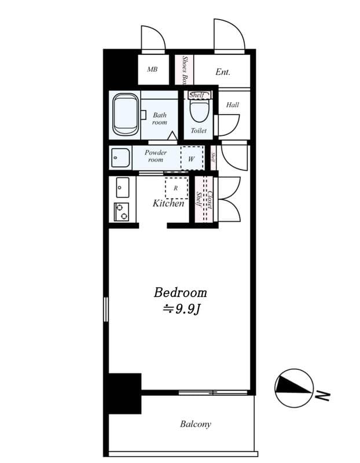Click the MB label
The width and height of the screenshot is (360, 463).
click(152, 69)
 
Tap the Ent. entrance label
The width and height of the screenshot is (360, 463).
click(223, 72)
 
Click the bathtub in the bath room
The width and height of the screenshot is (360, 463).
click(125, 114)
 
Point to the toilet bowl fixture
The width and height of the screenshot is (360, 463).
click(199, 109)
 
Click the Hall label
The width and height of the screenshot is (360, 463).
click(233, 105)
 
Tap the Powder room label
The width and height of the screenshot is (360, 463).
click(156, 156)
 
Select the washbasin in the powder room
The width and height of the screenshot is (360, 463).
click(120, 157)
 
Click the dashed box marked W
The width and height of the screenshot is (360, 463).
click(192, 157)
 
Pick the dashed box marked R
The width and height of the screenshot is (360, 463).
click(176, 188)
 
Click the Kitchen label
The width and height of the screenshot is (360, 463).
click(168, 203)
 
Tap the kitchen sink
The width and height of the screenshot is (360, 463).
click(122, 187)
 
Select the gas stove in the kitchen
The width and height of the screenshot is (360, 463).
click(122, 212)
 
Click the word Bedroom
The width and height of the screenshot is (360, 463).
click(180, 292)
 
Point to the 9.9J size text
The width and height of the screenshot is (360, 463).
click(181, 309)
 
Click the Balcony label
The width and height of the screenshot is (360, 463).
click(195, 424)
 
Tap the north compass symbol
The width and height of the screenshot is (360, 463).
click(294, 388)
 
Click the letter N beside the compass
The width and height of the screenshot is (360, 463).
click(324, 396)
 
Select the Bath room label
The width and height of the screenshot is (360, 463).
click(160, 119)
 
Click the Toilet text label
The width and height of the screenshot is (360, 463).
click(199, 131)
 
